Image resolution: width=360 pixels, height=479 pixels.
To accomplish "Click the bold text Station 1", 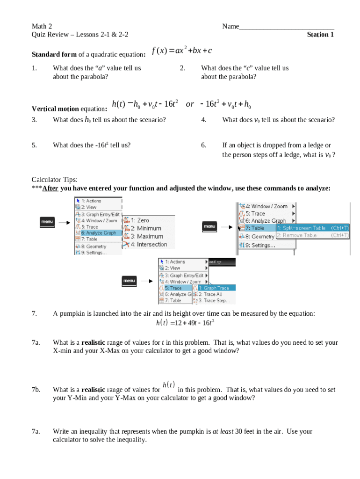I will (x=320, y=35).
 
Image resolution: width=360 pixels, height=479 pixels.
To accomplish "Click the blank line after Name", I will (x=287, y=27).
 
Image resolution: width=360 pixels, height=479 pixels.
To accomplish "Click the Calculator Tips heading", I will (x=54, y=180).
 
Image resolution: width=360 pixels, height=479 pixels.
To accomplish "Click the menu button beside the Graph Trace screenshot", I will (x=129, y=281).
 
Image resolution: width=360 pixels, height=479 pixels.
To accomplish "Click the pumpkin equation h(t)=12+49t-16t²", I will (x=185, y=323).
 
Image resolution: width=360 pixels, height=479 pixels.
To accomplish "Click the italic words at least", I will (x=223, y=432).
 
